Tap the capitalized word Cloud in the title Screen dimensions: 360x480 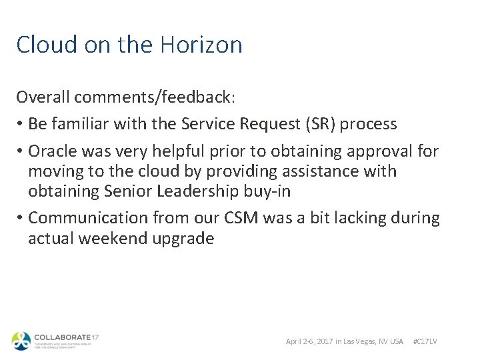41,45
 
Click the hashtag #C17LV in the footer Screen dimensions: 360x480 425,341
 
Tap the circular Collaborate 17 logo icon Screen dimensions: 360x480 21,341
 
